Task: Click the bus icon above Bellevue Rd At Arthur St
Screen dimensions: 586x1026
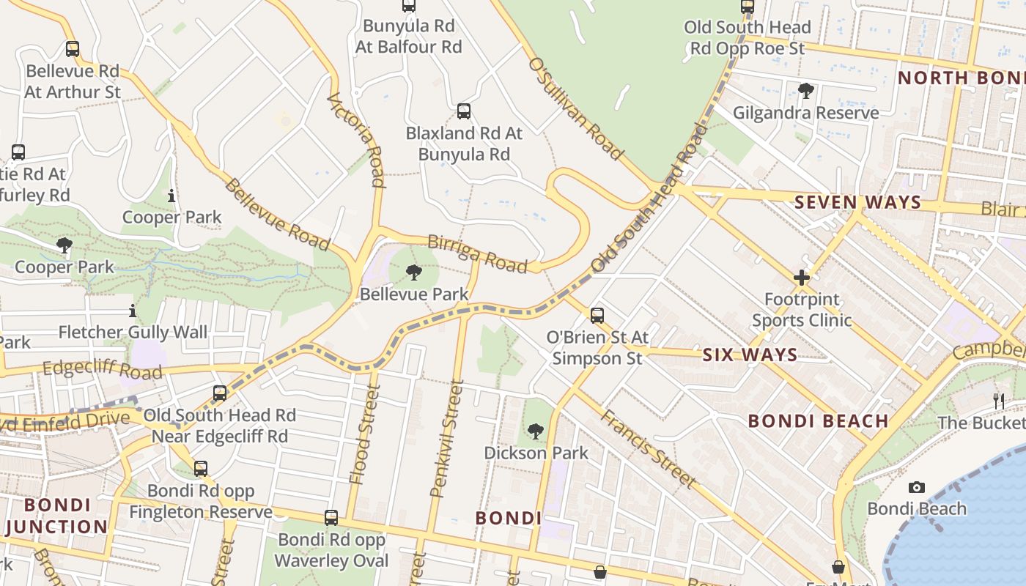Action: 72,49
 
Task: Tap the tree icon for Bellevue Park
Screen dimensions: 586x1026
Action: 413,273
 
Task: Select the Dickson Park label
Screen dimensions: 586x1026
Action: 536,453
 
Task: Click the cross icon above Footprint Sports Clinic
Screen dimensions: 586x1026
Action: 802,278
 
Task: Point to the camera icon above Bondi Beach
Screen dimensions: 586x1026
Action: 916,488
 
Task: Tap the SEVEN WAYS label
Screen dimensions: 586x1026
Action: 857,202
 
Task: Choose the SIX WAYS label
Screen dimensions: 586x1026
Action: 750,355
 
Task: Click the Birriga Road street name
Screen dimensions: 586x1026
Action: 477,254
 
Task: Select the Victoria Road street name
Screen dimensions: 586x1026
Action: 356,139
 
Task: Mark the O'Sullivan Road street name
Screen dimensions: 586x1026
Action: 575,108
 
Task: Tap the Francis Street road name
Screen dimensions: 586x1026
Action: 647,448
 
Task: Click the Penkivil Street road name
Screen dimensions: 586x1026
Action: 447,438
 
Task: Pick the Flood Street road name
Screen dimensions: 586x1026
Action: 364,436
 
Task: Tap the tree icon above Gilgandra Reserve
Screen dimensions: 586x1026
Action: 805,92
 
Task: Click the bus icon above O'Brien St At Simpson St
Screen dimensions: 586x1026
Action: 597,316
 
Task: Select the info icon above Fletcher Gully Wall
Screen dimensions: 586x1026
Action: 133,311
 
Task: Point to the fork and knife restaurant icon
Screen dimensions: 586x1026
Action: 998,401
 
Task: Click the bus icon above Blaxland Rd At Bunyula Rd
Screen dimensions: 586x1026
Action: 464,111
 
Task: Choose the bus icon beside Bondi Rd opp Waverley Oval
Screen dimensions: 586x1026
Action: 331,518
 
